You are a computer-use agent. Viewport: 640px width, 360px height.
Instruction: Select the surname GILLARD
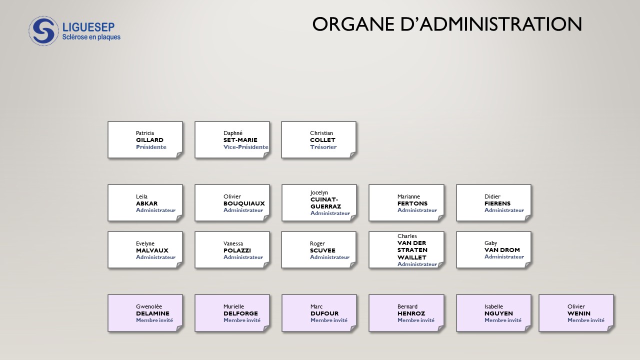coord(149,140)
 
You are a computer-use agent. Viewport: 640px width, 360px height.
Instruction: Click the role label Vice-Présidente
coord(245,147)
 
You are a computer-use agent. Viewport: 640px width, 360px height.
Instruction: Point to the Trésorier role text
coord(323,147)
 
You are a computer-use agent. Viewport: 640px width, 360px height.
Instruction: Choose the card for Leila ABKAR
coord(145,202)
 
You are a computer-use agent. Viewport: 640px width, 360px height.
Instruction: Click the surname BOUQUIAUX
coord(244,203)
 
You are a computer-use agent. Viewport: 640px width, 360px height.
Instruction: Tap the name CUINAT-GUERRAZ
coord(325,203)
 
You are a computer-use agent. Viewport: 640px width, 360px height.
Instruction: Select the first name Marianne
coord(408,196)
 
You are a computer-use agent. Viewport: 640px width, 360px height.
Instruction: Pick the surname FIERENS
coord(497,203)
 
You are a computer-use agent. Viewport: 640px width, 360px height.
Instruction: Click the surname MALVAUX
coord(152,250)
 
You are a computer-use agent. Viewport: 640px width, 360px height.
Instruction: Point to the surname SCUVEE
coord(322,250)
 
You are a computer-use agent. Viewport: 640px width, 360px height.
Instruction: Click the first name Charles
coord(407,236)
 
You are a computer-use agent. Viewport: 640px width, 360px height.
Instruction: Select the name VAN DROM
coord(502,250)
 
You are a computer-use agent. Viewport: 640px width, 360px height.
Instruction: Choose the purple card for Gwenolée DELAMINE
coord(145,312)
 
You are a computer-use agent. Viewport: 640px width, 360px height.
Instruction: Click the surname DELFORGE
coord(240,313)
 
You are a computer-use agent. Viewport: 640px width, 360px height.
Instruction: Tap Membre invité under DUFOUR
coord(328,320)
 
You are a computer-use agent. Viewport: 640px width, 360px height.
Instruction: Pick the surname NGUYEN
coord(498,313)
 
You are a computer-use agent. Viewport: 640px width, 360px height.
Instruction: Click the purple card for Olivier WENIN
coord(576,312)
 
